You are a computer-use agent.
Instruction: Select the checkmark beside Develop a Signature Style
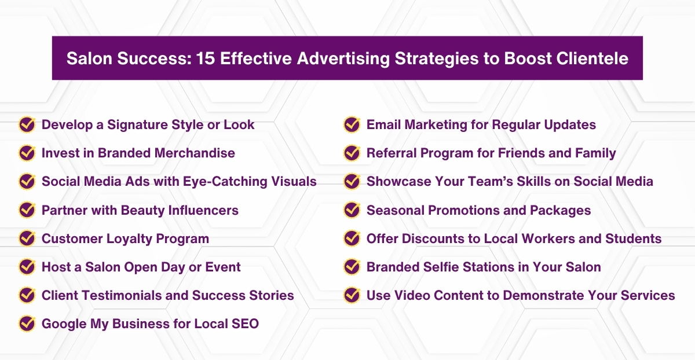coord(27,124)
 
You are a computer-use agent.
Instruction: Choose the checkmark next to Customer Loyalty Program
coord(27,238)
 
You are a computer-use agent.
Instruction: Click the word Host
coord(55,267)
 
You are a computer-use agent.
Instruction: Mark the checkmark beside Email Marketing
coord(352,124)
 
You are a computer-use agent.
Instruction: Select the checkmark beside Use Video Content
coord(352,295)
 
